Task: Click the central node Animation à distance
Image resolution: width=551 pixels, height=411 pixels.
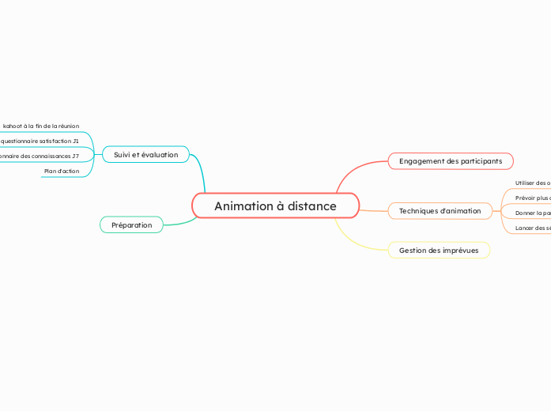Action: [x=275, y=205]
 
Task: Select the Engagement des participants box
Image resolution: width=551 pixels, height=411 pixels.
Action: [x=450, y=161]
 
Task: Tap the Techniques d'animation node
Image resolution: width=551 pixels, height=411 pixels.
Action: [x=440, y=211]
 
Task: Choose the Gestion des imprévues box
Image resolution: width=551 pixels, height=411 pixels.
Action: [x=438, y=251]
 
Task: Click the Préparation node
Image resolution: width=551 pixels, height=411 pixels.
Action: [x=131, y=225]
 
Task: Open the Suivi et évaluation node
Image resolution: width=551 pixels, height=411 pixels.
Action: [x=145, y=154]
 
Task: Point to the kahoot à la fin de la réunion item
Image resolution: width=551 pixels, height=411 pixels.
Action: [x=41, y=126]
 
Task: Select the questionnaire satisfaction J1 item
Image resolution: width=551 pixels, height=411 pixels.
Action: [x=40, y=141]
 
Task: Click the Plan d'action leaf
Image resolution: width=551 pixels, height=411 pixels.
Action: [x=62, y=171]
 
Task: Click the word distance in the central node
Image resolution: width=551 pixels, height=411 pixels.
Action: [x=311, y=206]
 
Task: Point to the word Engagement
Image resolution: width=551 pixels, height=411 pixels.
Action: [x=421, y=161]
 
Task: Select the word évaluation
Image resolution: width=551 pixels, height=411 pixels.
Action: [x=160, y=154]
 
